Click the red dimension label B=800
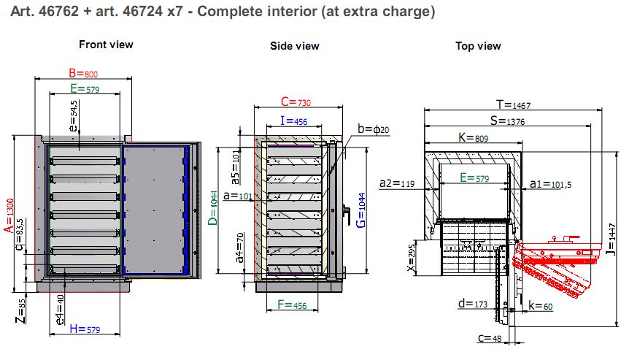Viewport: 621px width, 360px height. click(x=83, y=73)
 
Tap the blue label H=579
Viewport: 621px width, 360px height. click(x=85, y=329)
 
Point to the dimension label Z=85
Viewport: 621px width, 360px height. click(x=21, y=311)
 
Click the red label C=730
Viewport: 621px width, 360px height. click(x=296, y=102)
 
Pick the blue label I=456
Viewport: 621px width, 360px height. click(x=293, y=120)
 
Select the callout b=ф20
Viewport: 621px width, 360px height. click(x=373, y=129)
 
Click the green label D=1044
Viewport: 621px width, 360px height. click(x=213, y=208)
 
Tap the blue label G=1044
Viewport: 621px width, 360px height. click(x=360, y=210)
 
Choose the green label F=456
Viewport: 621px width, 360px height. click(x=292, y=305)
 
